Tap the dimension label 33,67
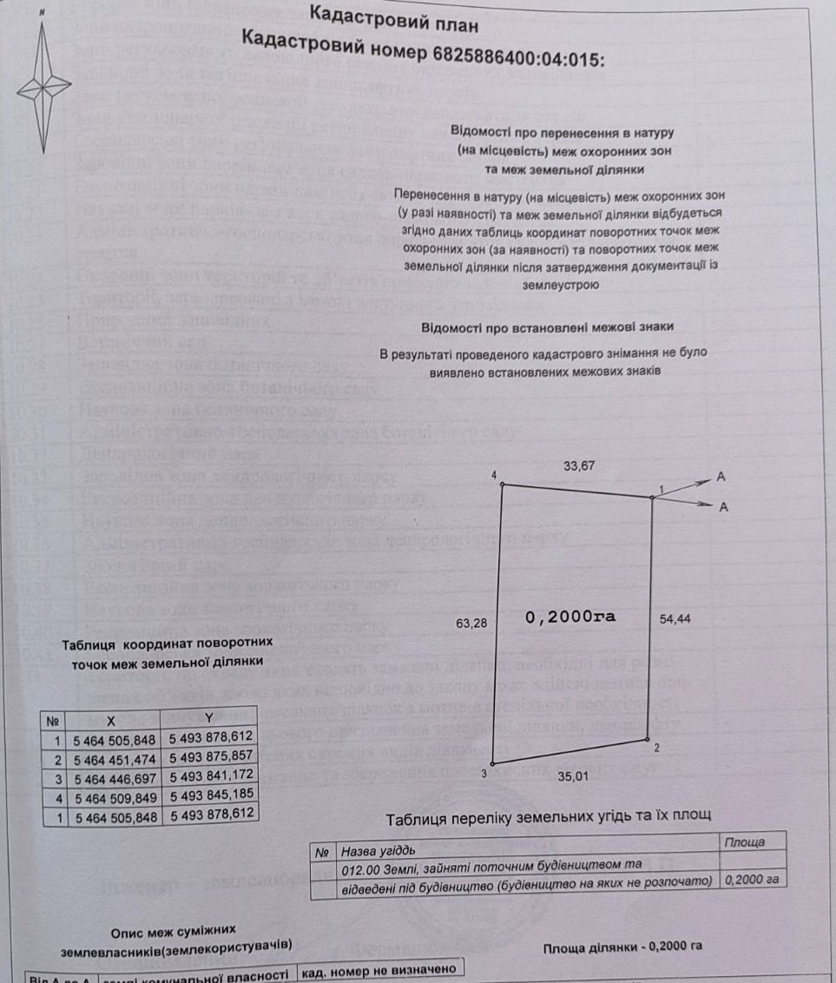(x=579, y=467)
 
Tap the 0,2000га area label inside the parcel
(x=570, y=617)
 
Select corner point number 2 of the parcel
(x=650, y=741)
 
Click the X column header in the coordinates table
(x=111, y=720)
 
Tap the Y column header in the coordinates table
(x=209, y=717)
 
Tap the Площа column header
(x=744, y=842)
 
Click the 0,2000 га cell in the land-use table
(x=751, y=879)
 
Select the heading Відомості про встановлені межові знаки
(x=547, y=327)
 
